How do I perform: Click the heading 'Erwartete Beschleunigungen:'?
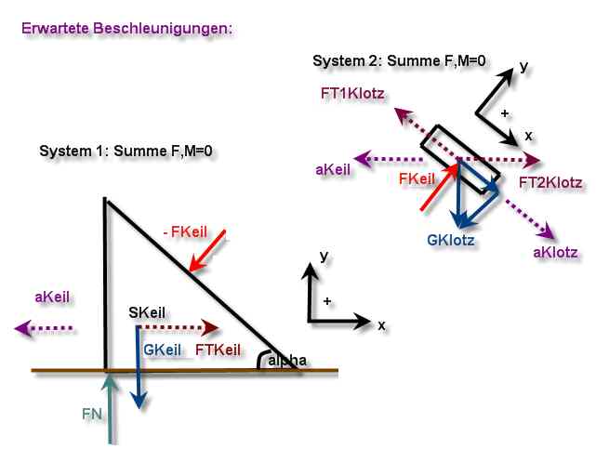(x=127, y=29)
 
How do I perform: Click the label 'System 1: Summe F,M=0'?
(x=126, y=151)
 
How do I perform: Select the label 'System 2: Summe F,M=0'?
(x=399, y=61)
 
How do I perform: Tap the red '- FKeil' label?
(x=185, y=231)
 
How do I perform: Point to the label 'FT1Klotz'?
(x=352, y=94)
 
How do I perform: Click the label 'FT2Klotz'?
(x=550, y=182)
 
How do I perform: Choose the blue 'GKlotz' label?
(x=451, y=240)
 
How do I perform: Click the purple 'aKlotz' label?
(x=555, y=252)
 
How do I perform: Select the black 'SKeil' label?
(x=147, y=312)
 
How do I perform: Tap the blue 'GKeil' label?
(x=163, y=350)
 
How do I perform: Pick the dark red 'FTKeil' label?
(x=218, y=350)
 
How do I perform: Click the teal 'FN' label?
(x=92, y=414)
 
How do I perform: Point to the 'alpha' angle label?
(x=287, y=361)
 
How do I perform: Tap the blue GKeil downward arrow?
(x=139, y=367)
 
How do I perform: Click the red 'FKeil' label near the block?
(x=417, y=178)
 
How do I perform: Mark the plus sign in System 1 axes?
(x=327, y=301)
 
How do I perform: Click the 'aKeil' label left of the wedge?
(x=52, y=297)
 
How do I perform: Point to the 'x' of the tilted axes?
(x=529, y=136)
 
